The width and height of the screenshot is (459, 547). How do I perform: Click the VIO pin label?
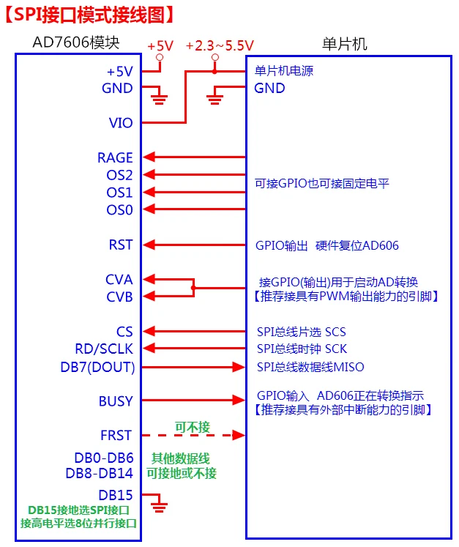click(121, 123)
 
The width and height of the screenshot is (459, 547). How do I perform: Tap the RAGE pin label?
click(115, 157)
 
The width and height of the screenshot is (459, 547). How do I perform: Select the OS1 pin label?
click(119, 193)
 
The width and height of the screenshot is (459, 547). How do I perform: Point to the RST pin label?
click(121, 245)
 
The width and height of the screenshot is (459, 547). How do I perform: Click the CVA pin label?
click(119, 280)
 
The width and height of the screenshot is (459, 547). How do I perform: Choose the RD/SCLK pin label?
click(104, 349)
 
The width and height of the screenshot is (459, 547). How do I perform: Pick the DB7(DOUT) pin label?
click(97, 367)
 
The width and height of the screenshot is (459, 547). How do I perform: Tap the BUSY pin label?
click(116, 401)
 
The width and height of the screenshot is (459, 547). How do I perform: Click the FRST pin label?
click(116, 436)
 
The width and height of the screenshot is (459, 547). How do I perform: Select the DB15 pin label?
click(116, 495)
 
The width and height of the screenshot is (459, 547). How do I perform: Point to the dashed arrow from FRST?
click(193, 435)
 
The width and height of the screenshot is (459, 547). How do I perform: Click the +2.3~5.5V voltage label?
click(220, 45)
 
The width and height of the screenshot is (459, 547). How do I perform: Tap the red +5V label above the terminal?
click(160, 46)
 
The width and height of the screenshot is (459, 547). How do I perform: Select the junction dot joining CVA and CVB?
click(193, 288)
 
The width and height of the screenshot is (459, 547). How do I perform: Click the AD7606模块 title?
click(76, 42)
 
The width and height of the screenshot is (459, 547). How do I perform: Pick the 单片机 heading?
click(345, 45)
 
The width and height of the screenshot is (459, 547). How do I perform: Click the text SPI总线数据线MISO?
click(310, 367)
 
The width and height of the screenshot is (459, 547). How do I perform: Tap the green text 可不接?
click(193, 427)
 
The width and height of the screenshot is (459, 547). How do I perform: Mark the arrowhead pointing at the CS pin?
click(149, 331)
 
